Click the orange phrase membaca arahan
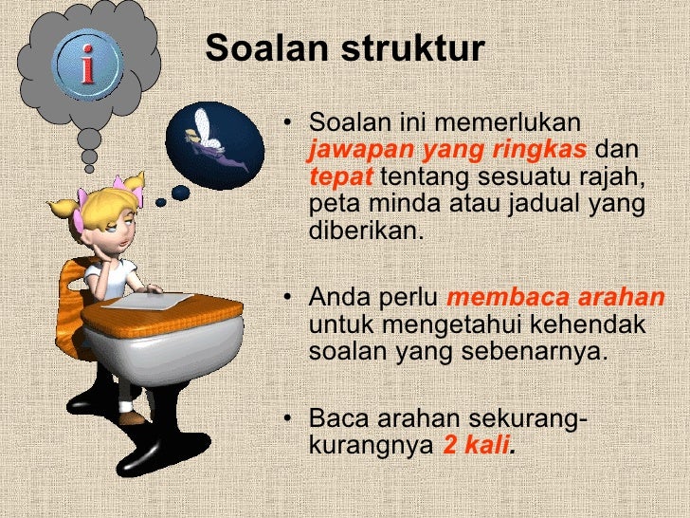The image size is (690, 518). (x=555, y=298)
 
